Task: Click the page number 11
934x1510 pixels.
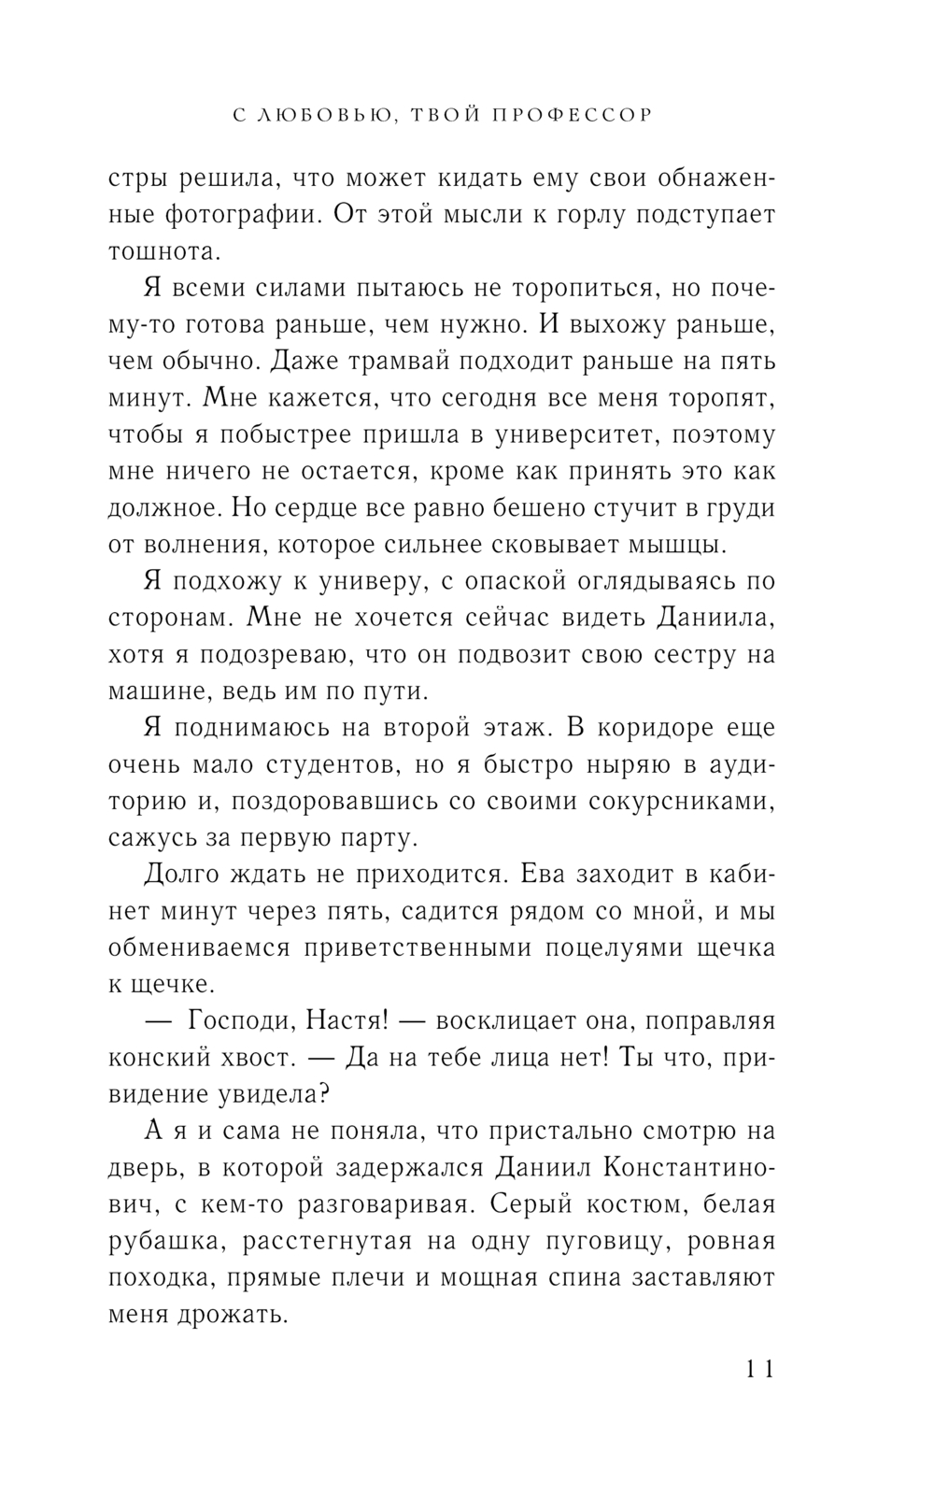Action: coord(759,1370)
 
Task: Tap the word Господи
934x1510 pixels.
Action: coord(239,1021)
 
